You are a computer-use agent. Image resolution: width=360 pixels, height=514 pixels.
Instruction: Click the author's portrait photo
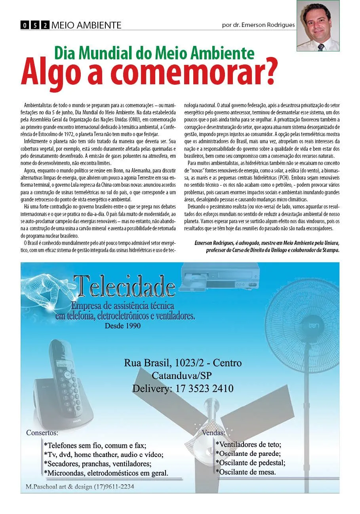click(318, 26)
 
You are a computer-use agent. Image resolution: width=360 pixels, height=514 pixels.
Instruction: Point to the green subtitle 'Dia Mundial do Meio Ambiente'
click(154, 53)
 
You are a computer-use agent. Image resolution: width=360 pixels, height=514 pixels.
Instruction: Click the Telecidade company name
click(124, 286)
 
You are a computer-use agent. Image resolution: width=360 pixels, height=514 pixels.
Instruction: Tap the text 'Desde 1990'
click(123, 326)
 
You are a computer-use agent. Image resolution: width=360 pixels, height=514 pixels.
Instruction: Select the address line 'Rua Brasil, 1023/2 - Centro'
click(183, 363)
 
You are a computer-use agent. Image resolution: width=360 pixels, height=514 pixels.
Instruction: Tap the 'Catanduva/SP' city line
click(183, 376)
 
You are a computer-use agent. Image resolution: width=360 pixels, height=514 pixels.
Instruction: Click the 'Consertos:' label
click(42, 432)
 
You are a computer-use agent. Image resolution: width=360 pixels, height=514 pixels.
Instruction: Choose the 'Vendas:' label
click(213, 433)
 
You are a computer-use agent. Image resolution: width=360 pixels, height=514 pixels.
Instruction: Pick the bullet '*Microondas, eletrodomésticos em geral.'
click(106, 473)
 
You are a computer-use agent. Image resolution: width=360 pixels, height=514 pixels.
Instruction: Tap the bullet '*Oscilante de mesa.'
click(246, 472)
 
